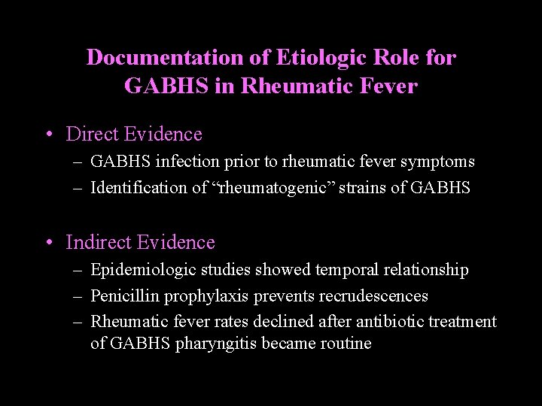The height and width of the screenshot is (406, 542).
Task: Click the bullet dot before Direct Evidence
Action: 48,135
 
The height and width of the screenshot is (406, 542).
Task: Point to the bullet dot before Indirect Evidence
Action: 48,243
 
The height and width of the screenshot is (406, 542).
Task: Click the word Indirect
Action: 98,243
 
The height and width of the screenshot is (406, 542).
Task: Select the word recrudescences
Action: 373,296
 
